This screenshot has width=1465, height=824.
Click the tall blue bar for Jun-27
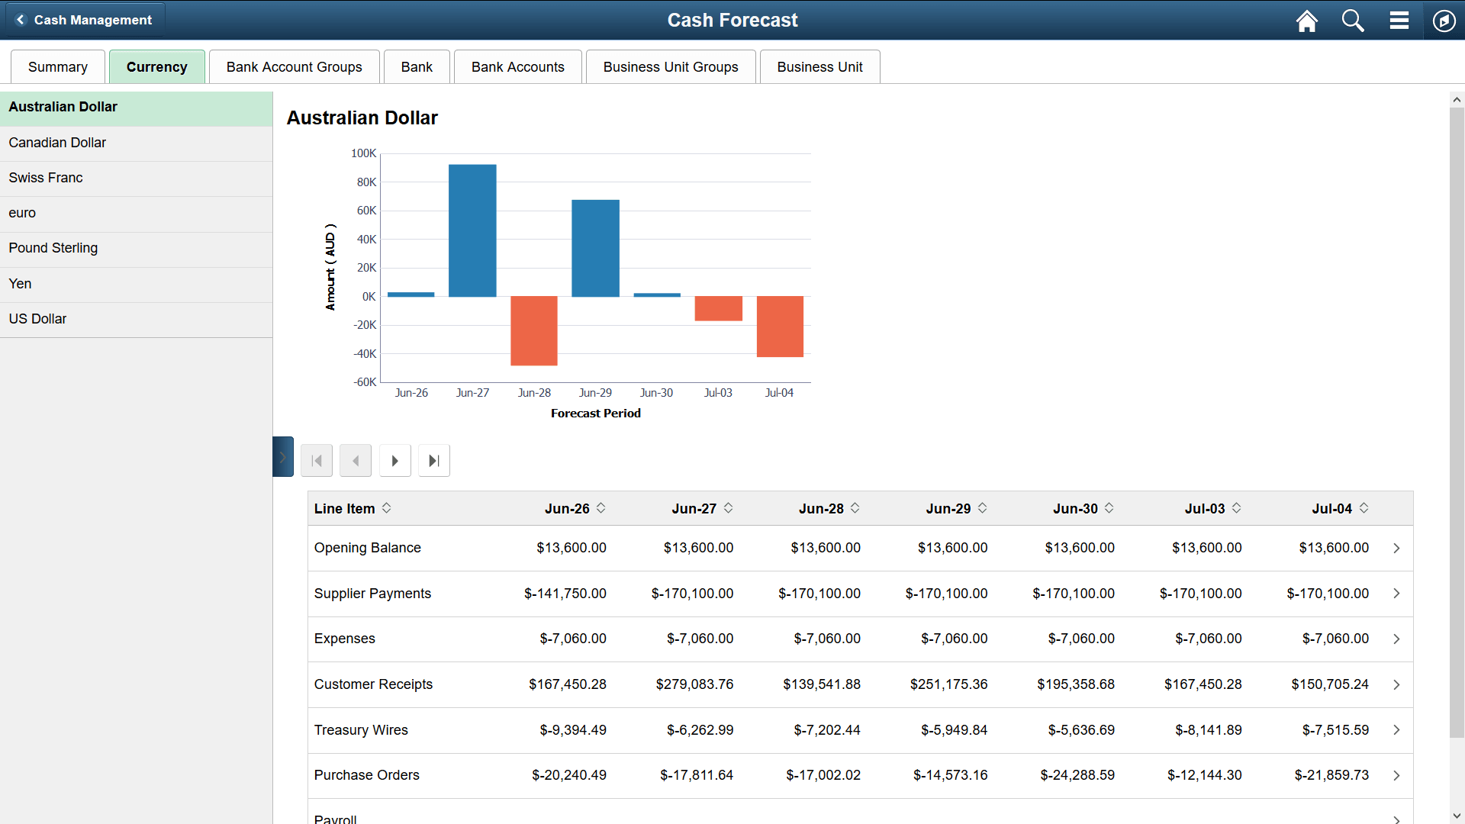(x=472, y=230)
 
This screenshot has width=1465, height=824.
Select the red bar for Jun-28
(x=534, y=330)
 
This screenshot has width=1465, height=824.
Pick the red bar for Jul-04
(x=780, y=326)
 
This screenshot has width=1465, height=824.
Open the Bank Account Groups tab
(x=295, y=67)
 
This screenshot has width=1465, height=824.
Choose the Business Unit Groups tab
(x=671, y=67)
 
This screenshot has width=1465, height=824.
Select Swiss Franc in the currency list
(x=46, y=178)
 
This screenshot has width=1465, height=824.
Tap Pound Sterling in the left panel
(x=53, y=248)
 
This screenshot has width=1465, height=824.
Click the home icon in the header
(x=1307, y=21)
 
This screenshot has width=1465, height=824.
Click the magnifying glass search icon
(x=1353, y=21)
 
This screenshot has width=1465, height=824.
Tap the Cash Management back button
(x=85, y=20)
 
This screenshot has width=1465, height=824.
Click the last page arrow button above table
(x=434, y=461)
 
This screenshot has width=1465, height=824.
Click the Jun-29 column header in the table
(x=948, y=509)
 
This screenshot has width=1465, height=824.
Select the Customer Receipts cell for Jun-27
(x=694, y=684)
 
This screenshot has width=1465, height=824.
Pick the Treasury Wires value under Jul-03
(x=1208, y=730)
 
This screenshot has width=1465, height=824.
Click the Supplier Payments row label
(x=372, y=594)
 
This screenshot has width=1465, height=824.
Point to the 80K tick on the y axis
(x=366, y=182)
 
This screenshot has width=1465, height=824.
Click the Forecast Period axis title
(x=595, y=414)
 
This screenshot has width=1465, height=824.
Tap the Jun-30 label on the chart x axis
(x=656, y=393)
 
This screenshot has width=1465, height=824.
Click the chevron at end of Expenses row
(x=1396, y=639)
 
